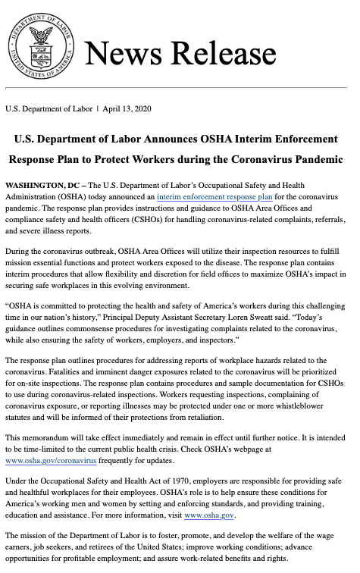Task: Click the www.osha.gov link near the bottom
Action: pos(209,515)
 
